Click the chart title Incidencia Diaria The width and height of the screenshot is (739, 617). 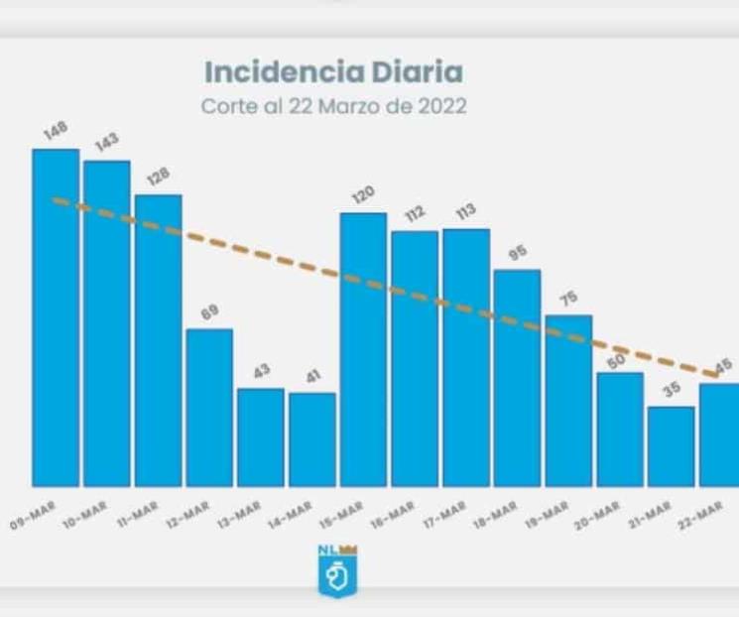coord(333,72)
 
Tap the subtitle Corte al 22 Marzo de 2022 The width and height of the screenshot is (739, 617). coord(333,104)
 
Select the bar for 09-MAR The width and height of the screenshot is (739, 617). coord(56,317)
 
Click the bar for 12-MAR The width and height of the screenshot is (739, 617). coord(209,407)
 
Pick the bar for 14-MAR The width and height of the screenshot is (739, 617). coord(312,438)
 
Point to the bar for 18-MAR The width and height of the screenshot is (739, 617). coord(517,377)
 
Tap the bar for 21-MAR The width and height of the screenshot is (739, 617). coord(672,445)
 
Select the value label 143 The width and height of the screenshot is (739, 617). coord(107,144)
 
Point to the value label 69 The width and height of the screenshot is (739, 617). coord(211,313)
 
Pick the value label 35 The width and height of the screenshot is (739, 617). coord(673,391)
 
